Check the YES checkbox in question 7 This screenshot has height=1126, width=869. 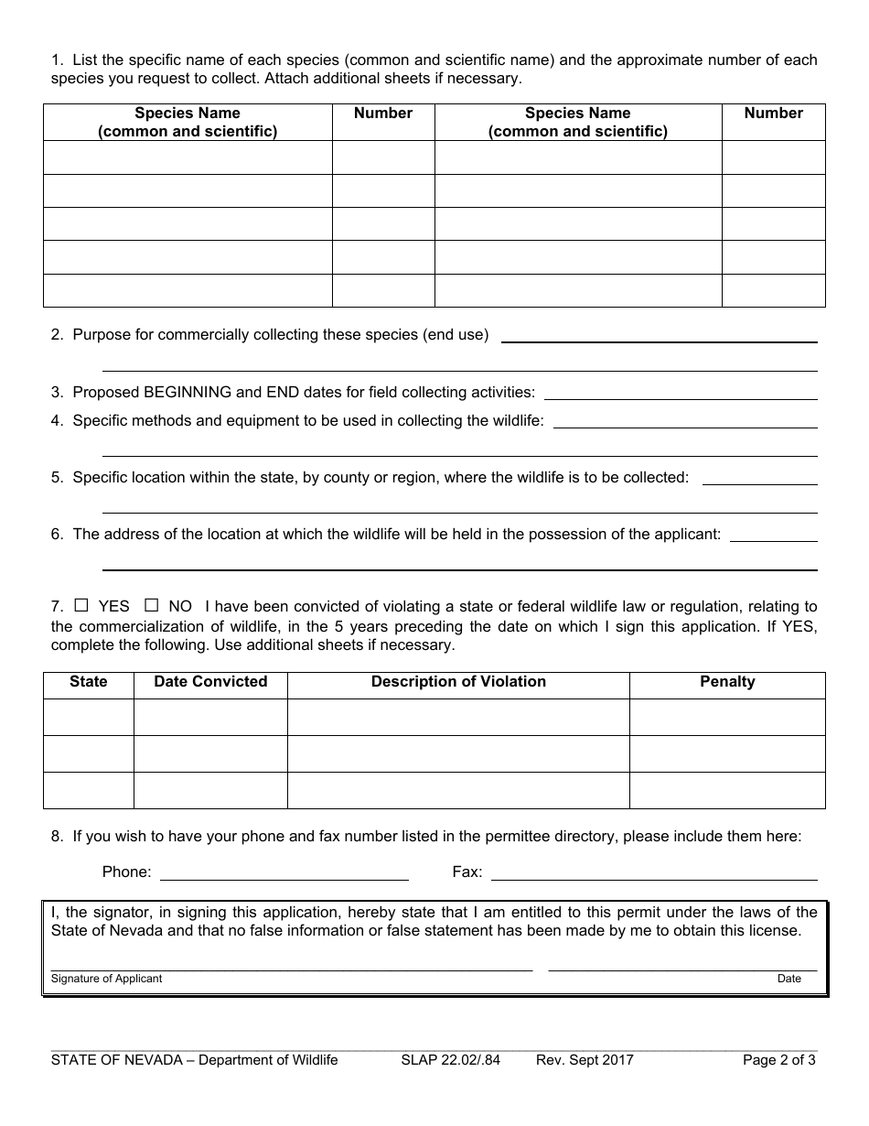(81, 605)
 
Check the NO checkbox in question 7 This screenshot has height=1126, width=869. (152, 605)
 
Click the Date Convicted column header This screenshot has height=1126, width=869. (210, 682)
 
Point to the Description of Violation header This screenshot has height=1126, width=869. (458, 682)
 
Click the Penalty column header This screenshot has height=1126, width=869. (727, 682)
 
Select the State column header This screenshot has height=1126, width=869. (89, 682)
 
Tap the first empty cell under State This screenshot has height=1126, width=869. (89, 717)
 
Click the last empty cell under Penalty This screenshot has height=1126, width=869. (727, 790)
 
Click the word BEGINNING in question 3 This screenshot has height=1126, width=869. (188, 393)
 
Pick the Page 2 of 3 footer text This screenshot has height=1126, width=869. (778, 1060)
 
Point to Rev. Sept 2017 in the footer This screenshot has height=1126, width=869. (585, 1060)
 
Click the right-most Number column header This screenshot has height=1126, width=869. (773, 114)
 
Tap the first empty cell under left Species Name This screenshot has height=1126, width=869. (188, 157)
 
